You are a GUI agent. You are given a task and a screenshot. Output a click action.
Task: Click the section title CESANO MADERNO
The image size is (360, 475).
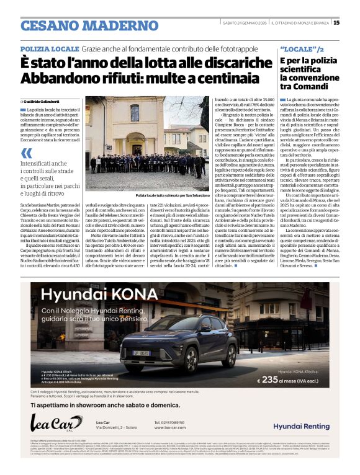[81, 25]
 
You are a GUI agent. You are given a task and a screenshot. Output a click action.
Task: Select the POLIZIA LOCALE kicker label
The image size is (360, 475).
[49, 48]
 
